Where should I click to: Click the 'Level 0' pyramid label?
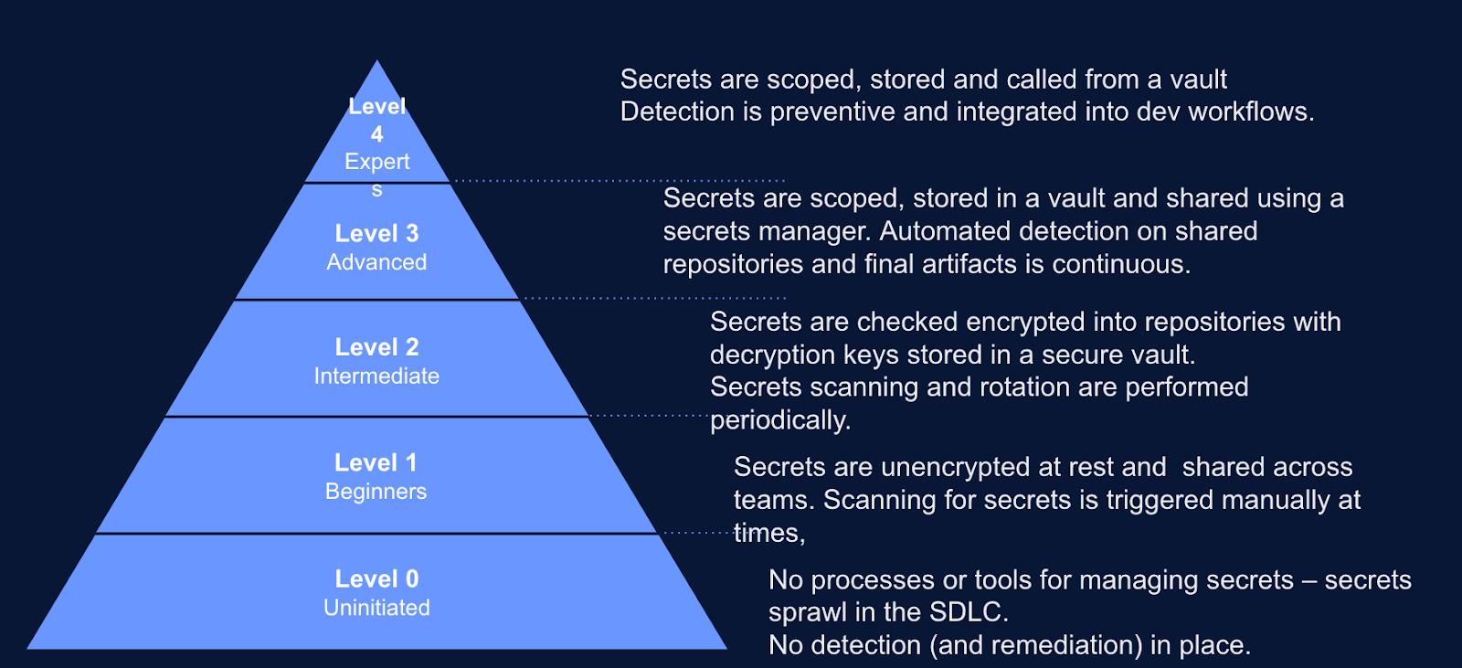point(376,578)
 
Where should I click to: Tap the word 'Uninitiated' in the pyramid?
point(376,608)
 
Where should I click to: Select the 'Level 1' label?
point(376,462)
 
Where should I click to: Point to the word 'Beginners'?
point(376,492)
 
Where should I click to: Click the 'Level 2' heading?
point(376,347)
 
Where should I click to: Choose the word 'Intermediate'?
point(376,376)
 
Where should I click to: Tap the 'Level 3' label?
point(376,233)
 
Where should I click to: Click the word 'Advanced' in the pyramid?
point(376,262)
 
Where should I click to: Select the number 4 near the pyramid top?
point(376,134)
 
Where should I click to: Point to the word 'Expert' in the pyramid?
point(376,162)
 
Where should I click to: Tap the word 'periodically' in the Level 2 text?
point(779,420)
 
